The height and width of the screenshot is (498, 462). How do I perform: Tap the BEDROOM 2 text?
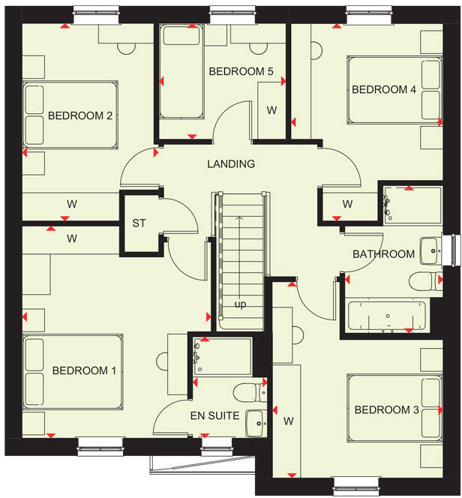(x=80, y=115)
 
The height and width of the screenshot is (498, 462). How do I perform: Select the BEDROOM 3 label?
(x=387, y=409)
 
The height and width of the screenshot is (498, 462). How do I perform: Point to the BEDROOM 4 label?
(x=384, y=90)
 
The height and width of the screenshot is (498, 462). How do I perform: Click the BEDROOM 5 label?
(x=241, y=72)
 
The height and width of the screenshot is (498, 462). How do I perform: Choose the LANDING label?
(x=231, y=163)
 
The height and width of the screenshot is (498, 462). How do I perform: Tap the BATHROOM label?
(x=384, y=254)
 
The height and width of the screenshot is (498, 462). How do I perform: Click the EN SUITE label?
(x=214, y=415)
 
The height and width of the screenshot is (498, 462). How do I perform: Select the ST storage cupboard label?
(x=139, y=223)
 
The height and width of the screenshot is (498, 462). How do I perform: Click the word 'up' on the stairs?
(x=240, y=304)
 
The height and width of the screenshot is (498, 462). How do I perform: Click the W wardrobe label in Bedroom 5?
(x=271, y=110)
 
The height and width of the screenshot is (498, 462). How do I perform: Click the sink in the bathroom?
(x=430, y=250)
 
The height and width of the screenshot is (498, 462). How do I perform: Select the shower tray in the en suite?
(x=220, y=356)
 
